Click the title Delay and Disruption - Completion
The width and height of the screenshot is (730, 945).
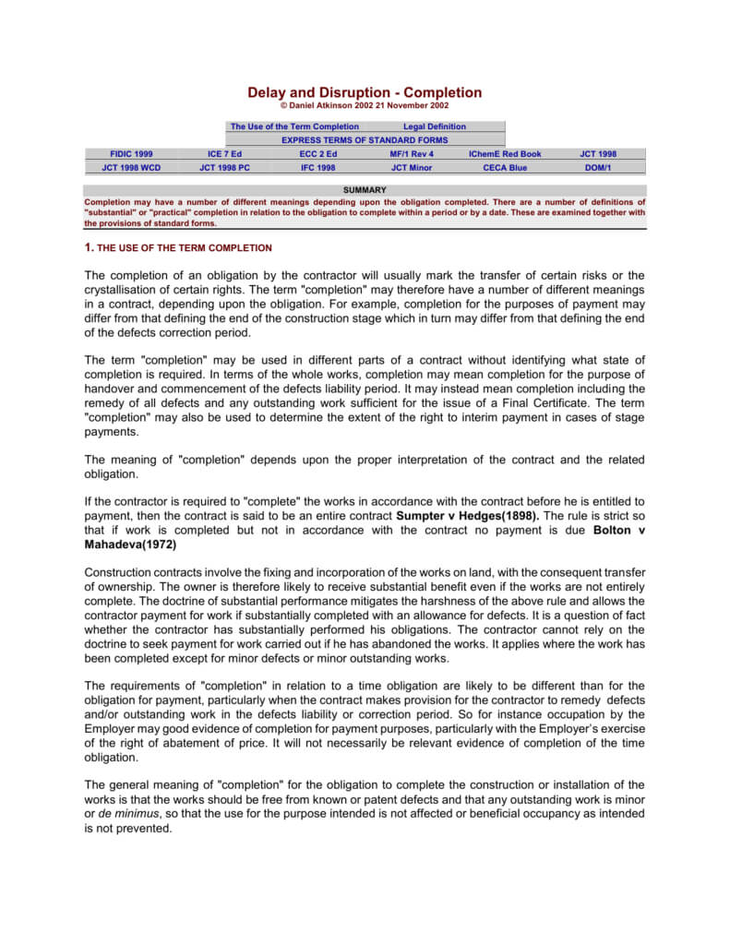pos(365,92)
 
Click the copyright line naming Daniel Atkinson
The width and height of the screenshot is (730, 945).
pos(365,106)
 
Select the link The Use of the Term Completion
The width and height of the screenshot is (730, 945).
pos(294,126)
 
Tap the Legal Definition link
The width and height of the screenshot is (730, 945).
pos(435,126)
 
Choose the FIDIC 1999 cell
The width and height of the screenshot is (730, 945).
pos(131,154)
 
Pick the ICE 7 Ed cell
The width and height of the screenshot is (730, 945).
pos(224,154)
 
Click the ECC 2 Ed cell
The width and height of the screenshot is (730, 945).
pos(318,154)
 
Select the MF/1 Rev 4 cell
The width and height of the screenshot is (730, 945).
pos(412,154)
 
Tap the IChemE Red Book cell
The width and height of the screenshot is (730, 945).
pos(505,154)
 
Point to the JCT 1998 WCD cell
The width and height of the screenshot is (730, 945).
pos(131,168)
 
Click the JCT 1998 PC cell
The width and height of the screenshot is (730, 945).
pos(224,168)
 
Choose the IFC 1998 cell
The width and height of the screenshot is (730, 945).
pos(318,168)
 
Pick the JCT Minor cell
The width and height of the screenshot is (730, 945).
pos(412,168)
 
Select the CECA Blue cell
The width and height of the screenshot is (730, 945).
pos(505,168)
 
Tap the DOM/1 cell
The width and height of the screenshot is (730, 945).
pos(598,168)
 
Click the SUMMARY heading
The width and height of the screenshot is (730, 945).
pos(365,190)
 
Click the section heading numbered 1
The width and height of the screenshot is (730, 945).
pos(178,247)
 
